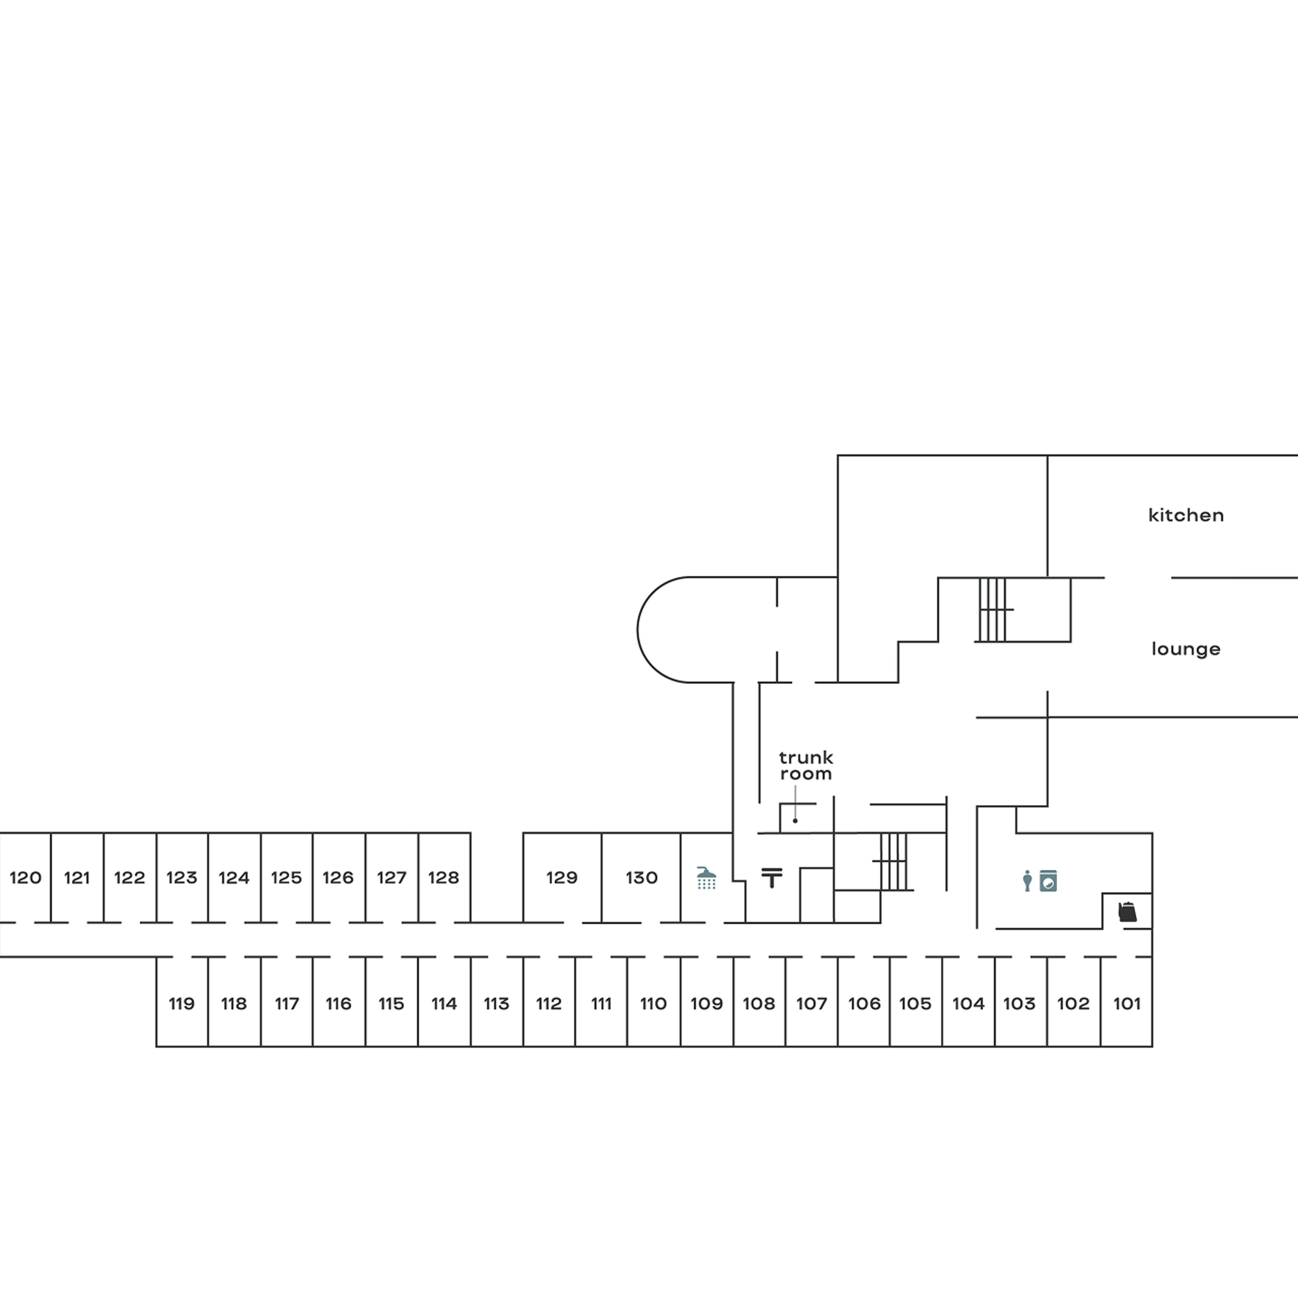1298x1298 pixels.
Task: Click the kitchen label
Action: click(1186, 515)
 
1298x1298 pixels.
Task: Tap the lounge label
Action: click(1186, 649)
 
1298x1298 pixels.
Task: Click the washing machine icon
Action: click(1048, 881)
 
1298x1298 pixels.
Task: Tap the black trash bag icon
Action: click(1127, 912)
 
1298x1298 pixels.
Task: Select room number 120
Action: click(26, 878)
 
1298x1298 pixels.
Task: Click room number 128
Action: click(443, 878)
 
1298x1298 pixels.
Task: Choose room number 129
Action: click(562, 878)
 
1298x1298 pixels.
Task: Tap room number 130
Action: click(642, 878)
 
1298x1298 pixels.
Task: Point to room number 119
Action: click(182, 1004)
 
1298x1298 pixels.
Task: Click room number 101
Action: click(1127, 1004)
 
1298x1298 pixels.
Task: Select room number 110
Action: click(653, 1004)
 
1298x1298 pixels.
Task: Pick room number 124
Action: click(234, 878)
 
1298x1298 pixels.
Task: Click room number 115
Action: click(391, 1004)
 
